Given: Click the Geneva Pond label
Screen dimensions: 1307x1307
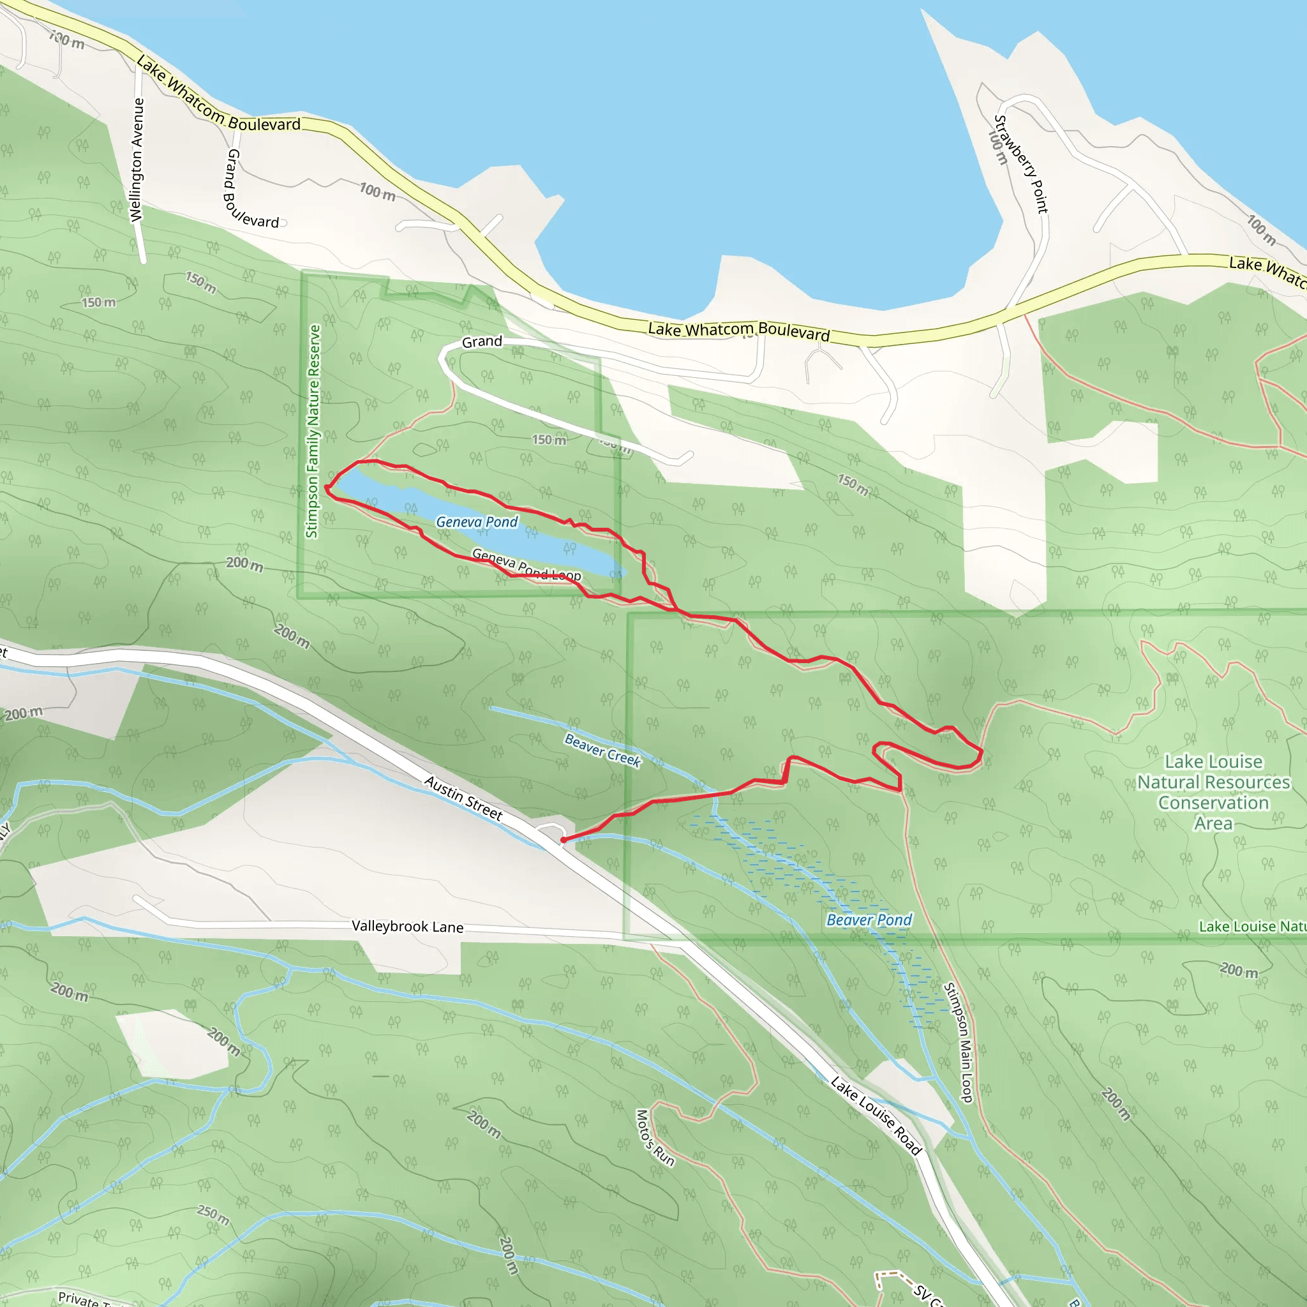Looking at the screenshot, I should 477,521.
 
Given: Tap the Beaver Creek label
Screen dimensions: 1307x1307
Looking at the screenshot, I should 602,751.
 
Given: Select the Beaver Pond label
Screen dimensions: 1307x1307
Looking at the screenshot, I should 869,920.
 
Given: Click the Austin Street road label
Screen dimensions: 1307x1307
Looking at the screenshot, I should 463,798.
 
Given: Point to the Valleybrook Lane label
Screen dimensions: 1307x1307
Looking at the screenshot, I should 407,926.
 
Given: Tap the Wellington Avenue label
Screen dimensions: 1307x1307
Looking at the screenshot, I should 137,160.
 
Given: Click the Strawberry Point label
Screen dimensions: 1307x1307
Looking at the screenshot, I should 1021,164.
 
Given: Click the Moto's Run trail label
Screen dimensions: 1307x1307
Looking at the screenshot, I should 654,1138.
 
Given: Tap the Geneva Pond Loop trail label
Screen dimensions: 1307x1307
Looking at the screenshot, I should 527,565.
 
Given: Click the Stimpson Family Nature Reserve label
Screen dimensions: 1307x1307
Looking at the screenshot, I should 313,431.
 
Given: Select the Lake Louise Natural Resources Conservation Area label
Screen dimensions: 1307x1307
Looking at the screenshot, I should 1213,792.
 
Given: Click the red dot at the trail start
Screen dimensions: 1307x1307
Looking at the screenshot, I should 563,840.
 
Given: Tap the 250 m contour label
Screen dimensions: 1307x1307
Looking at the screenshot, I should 213,1215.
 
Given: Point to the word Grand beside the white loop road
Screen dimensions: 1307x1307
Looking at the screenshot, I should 482,341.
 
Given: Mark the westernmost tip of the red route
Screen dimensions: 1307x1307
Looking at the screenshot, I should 327,487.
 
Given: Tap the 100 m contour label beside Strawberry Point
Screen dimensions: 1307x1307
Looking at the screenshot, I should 998,147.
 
